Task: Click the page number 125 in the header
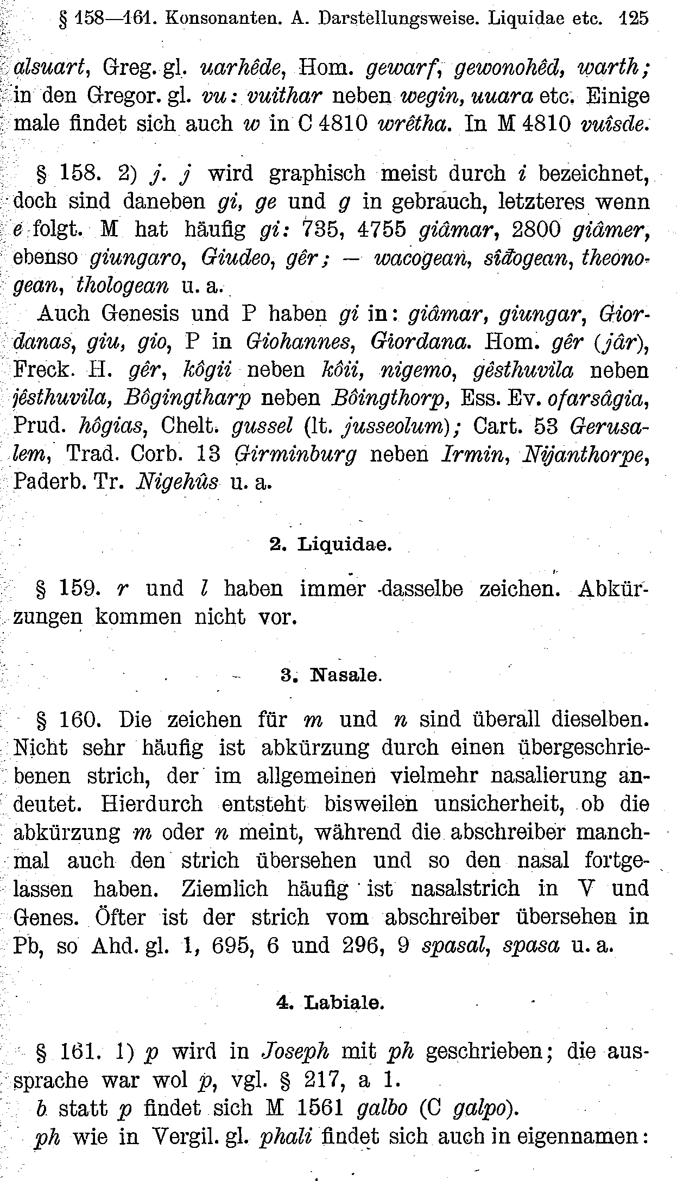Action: [634, 19]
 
